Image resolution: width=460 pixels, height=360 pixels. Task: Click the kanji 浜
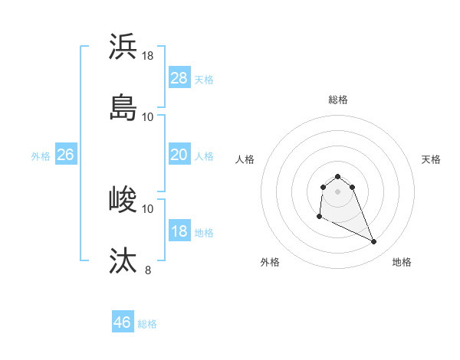pyautogui.click(x=123, y=47)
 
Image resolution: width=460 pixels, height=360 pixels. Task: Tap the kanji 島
pyautogui.click(x=123, y=108)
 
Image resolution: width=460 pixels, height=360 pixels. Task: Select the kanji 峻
pyautogui.click(x=123, y=200)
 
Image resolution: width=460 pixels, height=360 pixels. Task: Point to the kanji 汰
pyautogui.click(x=123, y=261)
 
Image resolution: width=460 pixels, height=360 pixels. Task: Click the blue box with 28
pyautogui.click(x=179, y=78)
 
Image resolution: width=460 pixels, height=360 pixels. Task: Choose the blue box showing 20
pyautogui.click(x=179, y=155)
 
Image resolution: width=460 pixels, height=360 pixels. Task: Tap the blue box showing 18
pyautogui.click(x=179, y=231)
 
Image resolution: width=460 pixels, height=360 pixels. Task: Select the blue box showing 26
pyautogui.click(x=65, y=155)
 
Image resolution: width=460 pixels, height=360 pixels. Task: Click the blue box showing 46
pyautogui.click(x=123, y=322)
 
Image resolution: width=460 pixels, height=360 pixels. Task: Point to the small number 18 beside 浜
pyautogui.click(x=148, y=56)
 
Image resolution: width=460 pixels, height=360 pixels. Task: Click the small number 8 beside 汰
pyautogui.click(x=148, y=270)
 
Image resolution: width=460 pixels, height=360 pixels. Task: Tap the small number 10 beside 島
pyautogui.click(x=148, y=116)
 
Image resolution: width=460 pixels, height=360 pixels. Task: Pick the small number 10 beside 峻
pyautogui.click(x=148, y=208)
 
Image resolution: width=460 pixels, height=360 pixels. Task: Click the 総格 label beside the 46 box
pyautogui.click(x=147, y=324)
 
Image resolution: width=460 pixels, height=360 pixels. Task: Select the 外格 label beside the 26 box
pyautogui.click(x=41, y=156)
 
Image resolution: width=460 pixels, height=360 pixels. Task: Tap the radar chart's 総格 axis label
pyautogui.click(x=338, y=100)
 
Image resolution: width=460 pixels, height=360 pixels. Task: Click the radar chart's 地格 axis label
pyautogui.click(x=402, y=262)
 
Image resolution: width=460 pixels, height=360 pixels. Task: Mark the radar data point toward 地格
pyautogui.click(x=374, y=242)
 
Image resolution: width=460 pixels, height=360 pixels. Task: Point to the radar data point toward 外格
pyautogui.click(x=319, y=217)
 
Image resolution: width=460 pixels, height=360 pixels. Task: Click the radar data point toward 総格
pyautogui.click(x=338, y=175)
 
